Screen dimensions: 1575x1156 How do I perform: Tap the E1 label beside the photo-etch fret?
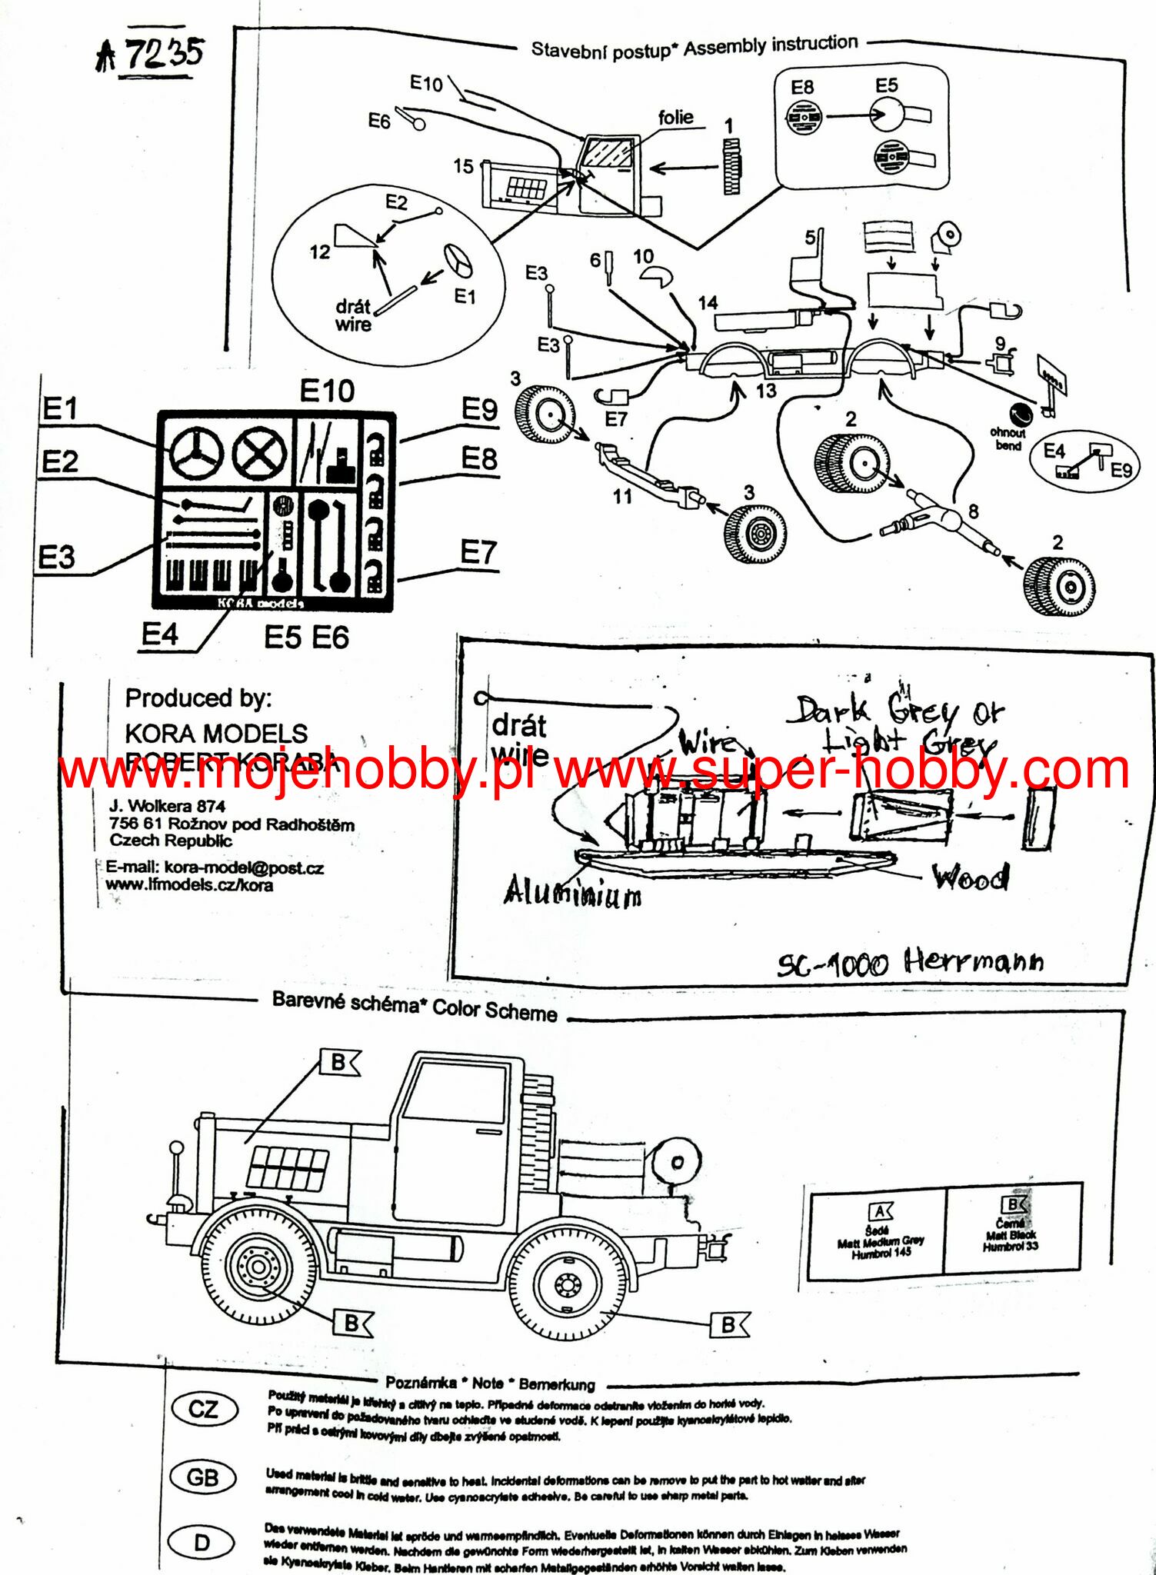(x=60, y=408)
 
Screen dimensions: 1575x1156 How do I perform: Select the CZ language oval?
(x=203, y=1409)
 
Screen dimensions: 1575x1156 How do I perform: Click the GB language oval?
(x=202, y=1477)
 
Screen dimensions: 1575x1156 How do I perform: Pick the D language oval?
(x=202, y=1542)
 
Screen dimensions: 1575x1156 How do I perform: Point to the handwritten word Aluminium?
(x=573, y=892)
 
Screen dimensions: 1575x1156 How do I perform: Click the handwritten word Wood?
(x=970, y=877)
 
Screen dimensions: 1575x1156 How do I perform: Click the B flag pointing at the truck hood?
(x=339, y=1063)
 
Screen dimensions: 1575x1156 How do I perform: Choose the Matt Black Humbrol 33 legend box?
(x=1012, y=1227)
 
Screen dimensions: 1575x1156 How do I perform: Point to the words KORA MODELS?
(x=216, y=733)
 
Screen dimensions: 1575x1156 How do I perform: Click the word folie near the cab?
(x=675, y=117)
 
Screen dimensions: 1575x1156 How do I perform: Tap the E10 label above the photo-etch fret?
(x=327, y=391)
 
